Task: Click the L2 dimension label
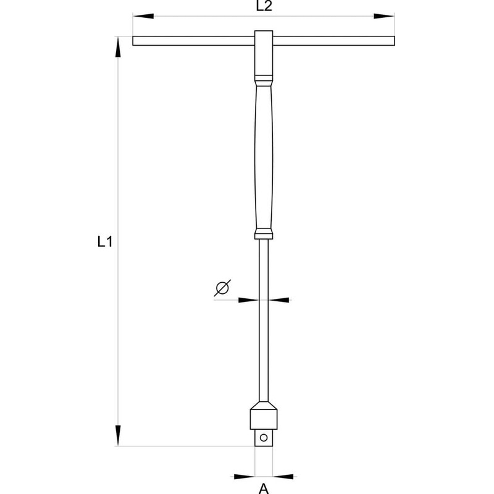(x=263, y=7)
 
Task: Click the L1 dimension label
(x=104, y=243)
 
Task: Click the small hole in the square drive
(x=264, y=438)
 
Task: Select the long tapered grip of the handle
(x=264, y=154)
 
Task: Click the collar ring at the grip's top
(x=264, y=80)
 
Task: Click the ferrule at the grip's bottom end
(x=264, y=233)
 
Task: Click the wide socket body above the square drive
(x=264, y=417)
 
